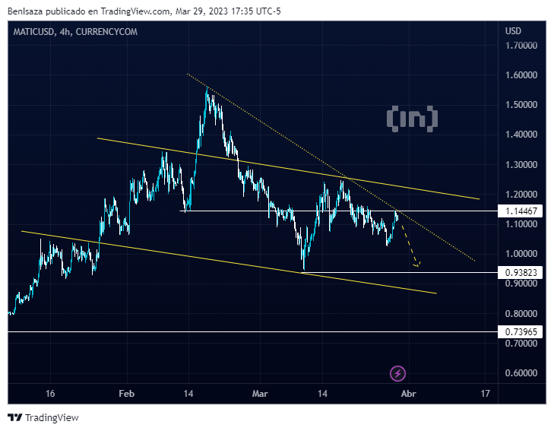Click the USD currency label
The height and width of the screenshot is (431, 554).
513,30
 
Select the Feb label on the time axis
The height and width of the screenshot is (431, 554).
126,394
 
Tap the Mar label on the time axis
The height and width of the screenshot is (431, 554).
260,394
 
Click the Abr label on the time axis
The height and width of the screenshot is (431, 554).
408,394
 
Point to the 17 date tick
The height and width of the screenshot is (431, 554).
485,394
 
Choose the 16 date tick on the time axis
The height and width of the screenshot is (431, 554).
50,394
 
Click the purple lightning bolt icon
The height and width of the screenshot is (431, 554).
398,373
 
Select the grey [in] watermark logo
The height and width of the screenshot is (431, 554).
412,118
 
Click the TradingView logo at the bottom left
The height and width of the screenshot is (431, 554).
43,417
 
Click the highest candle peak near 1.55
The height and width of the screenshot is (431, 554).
207,88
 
